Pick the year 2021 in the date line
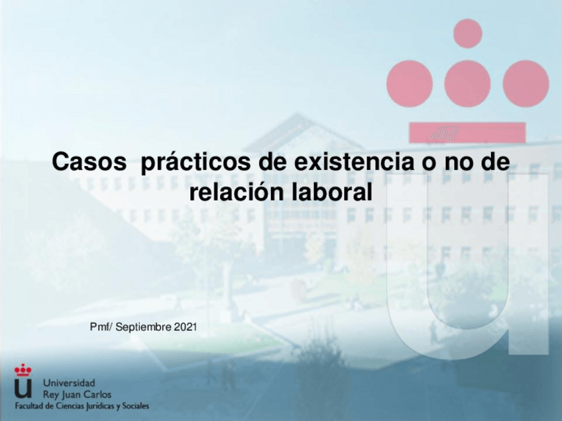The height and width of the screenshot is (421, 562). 186,327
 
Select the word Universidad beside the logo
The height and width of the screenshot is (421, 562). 69,383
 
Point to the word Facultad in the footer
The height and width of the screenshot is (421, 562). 30,406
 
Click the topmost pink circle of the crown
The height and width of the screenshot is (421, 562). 468,33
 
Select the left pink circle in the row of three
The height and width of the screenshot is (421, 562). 410,83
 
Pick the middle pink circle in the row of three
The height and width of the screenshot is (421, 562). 467,83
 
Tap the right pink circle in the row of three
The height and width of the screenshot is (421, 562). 526,83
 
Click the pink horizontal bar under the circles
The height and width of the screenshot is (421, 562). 467,132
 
